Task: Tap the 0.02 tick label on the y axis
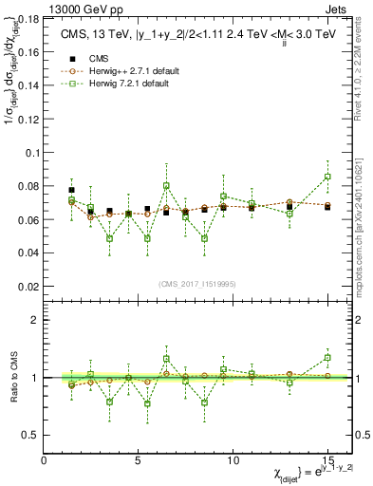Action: (28, 286)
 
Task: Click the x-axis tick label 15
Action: (327, 459)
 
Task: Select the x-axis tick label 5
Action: (139, 459)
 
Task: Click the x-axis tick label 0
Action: (45, 459)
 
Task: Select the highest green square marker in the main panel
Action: (327, 177)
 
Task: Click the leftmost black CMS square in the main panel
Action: (72, 190)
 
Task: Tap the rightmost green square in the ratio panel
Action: (327, 358)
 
